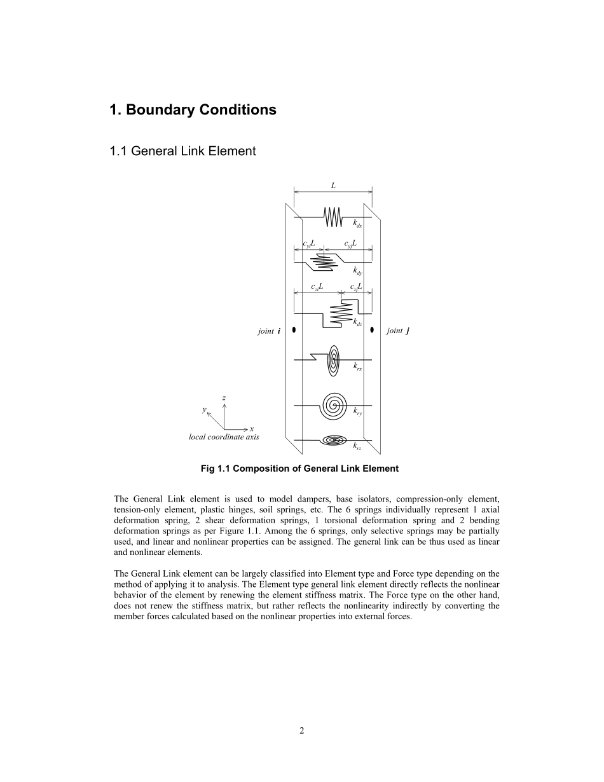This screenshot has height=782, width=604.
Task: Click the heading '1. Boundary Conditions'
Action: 193,110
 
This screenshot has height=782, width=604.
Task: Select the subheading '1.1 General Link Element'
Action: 182,151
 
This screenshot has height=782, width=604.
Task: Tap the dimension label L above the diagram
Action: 333,186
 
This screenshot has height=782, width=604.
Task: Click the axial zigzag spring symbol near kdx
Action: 333,217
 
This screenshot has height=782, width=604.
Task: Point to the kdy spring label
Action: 357,273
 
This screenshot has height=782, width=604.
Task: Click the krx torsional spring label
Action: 357,366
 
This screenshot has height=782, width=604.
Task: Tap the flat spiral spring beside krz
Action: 333,439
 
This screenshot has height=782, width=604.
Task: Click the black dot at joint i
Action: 294,330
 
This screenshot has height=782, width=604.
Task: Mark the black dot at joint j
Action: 372,330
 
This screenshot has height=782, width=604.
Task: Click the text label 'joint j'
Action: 397,331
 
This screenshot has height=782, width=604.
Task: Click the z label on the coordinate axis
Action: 224,398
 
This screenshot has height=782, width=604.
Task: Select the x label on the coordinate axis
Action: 252,429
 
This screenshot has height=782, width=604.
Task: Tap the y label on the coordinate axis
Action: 204,410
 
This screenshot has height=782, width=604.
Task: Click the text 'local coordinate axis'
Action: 224,437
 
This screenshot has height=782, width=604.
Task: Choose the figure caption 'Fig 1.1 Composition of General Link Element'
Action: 299,469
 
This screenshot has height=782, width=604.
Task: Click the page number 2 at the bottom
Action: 302,731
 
